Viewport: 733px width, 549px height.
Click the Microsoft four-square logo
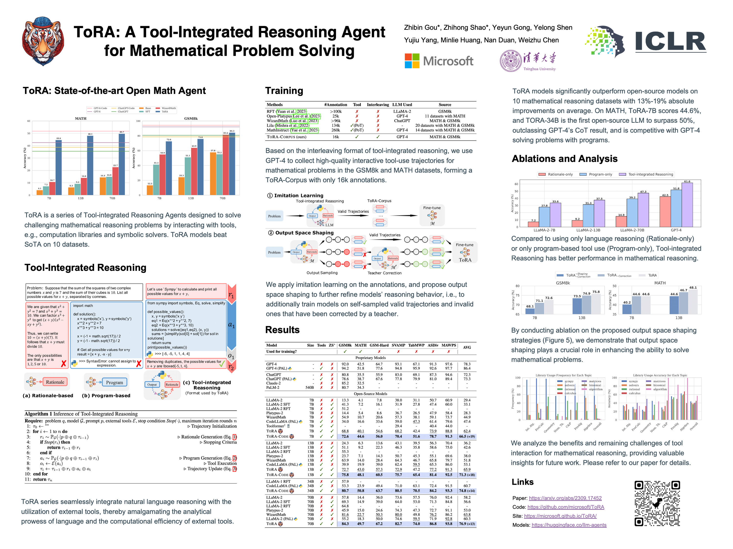412,61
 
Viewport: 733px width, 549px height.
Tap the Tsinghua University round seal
511,61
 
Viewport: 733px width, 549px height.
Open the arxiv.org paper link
565,498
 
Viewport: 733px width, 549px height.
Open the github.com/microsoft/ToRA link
566,507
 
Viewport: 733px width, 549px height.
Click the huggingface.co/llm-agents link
569,525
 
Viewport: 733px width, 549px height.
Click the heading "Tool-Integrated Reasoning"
85,267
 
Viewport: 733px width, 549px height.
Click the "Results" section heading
282,330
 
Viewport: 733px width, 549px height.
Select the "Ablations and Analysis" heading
564,159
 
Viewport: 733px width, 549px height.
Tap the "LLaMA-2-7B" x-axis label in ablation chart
544,230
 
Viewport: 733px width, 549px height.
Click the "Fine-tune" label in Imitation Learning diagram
432,208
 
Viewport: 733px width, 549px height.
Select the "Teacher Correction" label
384,273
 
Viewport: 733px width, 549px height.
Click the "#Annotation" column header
336,105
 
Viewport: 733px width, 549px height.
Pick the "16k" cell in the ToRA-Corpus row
336,137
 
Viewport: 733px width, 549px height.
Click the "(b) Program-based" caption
106,396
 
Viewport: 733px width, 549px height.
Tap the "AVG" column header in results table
467,347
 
